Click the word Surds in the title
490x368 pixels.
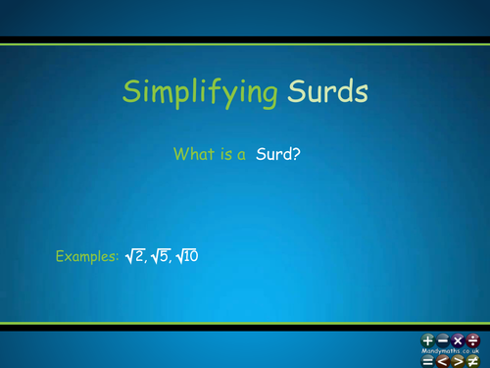pos(329,91)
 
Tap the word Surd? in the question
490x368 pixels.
pos(276,153)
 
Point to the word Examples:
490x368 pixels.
pos(87,257)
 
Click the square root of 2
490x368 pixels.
pos(136,256)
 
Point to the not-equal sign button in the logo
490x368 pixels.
pos(473,359)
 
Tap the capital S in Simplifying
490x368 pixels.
pos(130,91)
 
